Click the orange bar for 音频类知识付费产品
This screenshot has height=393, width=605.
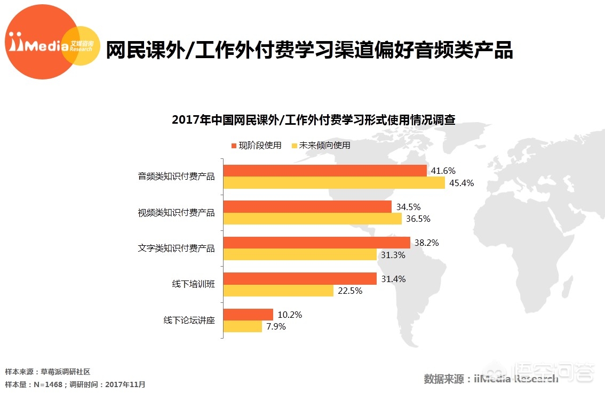pyautogui.click(x=324, y=171)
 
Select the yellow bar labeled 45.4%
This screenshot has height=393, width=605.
pyautogui.click(x=333, y=183)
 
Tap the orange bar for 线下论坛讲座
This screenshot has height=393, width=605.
pyautogui.click(x=248, y=315)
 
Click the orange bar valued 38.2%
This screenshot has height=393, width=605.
pyautogui.click(x=316, y=243)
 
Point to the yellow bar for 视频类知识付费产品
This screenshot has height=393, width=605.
pyautogui.click(x=312, y=219)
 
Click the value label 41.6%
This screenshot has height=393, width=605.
pyautogui.click(x=443, y=171)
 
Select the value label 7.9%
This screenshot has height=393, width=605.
pyautogui.click(x=275, y=327)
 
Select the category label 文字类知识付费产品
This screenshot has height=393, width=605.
pyautogui.click(x=176, y=248)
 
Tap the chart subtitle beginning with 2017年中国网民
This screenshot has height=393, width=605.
pyautogui.click(x=313, y=119)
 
